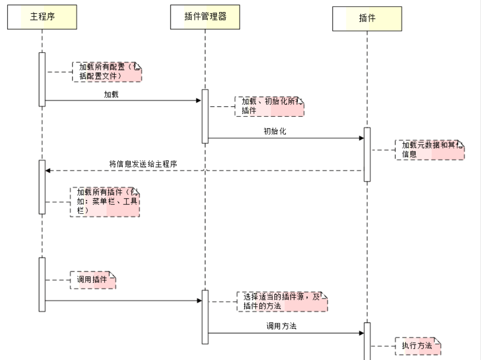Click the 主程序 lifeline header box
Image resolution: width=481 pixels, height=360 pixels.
click(42, 17)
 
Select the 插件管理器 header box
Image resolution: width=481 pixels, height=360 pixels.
click(205, 17)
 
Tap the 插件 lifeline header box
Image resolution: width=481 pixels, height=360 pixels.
click(367, 19)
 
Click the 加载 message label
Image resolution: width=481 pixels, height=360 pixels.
click(111, 95)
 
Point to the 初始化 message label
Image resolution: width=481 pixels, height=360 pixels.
click(275, 131)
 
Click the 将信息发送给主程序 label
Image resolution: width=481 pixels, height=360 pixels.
click(143, 164)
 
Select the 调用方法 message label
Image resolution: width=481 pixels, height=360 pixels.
click(281, 326)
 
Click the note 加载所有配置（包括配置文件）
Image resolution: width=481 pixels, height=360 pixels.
click(107, 72)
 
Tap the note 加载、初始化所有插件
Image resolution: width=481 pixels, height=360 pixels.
click(269, 106)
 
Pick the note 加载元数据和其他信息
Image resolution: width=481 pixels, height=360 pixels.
click(429, 150)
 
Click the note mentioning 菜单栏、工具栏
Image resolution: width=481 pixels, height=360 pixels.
click(105, 202)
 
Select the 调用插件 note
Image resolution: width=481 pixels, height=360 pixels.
click(93, 280)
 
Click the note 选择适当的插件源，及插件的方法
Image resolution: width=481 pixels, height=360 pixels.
click(282, 301)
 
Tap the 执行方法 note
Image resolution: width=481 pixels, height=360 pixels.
click(418, 346)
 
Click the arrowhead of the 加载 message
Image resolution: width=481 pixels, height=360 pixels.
click(199, 100)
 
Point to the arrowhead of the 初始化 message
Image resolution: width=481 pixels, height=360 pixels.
click(362, 138)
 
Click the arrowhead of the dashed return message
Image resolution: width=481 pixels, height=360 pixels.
click(48, 171)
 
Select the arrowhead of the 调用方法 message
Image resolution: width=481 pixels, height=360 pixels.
click(362, 333)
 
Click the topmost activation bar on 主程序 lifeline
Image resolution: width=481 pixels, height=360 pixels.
click(42, 79)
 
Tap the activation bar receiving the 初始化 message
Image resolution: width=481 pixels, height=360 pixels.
click(367, 155)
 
